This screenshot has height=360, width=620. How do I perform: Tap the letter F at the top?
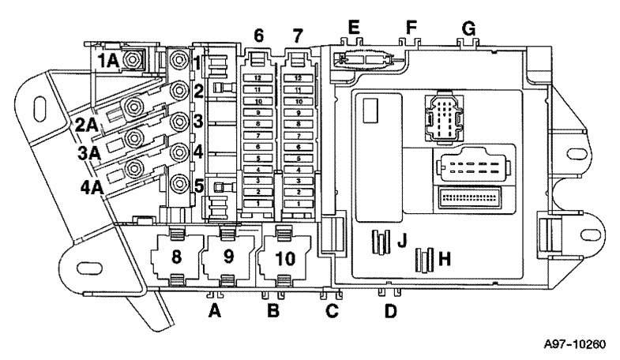pyautogui.click(x=410, y=28)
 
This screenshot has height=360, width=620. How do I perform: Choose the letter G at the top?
pyautogui.click(x=469, y=28)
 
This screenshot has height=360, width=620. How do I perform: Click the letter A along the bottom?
pyautogui.click(x=214, y=312)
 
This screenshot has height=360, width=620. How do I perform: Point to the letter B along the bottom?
pyautogui.click(x=273, y=312)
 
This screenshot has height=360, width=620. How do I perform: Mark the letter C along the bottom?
pyautogui.click(x=332, y=312)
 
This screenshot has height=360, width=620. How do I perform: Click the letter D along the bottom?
pyautogui.click(x=389, y=312)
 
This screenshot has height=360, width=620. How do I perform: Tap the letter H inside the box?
pyautogui.click(x=445, y=258)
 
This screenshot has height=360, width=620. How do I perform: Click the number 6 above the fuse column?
pyautogui.click(x=257, y=36)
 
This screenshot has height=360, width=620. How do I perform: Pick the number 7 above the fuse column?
pyautogui.click(x=296, y=36)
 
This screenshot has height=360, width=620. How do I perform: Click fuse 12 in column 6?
pyautogui.click(x=257, y=78)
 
